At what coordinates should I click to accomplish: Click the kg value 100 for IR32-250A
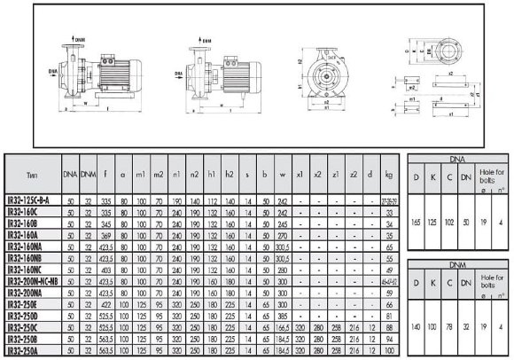(388, 352)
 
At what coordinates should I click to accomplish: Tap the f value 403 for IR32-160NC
(105, 267)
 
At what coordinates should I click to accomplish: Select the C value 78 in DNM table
(451, 325)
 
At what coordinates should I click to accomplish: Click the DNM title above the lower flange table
(456, 264)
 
